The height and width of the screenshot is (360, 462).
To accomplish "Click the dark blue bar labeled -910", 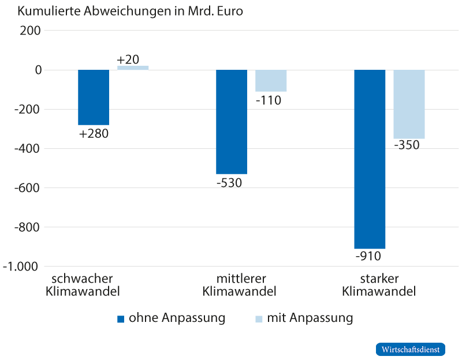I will coord(370,159).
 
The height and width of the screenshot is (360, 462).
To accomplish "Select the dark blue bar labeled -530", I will coord(232,122).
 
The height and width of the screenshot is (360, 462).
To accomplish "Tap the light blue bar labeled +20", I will coord(133,68).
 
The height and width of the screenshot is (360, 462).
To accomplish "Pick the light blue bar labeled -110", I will coord(271,81).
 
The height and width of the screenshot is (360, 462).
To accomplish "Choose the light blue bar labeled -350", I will coord(409,104).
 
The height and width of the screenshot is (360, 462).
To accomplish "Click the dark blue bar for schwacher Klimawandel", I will coord(94,97).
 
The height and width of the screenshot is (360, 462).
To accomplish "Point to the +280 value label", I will coord(94,134).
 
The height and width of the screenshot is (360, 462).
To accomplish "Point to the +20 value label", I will coord(128,59).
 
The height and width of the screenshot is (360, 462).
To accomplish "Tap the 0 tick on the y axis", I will coord(35,70).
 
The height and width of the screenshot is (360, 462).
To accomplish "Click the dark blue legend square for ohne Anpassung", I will coord(121,319).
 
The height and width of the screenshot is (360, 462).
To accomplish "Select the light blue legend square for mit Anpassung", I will coord(259,319).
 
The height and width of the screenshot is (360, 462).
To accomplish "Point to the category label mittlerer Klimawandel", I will coord(239,284).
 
